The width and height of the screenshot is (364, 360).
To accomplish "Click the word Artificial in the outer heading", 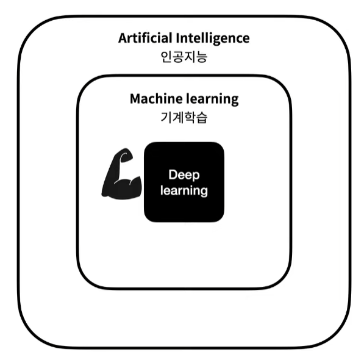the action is tap(145, 38).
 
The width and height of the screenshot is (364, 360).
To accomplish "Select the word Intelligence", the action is tap(213, 38).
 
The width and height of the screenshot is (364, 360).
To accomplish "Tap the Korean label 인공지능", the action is tap(184, 57).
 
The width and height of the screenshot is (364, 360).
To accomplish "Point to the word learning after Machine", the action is tap(212, 99).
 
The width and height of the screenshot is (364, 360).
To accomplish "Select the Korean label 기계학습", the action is tap(184, 117).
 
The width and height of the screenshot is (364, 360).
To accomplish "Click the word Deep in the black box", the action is tap(184, 175).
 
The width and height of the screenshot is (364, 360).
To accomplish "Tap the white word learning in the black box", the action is tap(184, 191).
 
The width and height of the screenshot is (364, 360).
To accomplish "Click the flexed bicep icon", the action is tap(122, 174).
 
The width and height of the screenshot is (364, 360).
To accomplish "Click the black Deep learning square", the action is tap(184, 182).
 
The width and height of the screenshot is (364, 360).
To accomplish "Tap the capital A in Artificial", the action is tap(123, 38).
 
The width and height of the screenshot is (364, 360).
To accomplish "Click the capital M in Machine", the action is tap(136, 99).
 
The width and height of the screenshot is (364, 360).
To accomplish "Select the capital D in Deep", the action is tap(173, 175).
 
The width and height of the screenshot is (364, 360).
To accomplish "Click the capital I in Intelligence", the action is tap(177, 38).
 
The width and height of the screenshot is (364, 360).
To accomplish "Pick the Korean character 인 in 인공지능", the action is tap(166, 57).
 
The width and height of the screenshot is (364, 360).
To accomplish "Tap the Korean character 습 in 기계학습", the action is tap(201, 118).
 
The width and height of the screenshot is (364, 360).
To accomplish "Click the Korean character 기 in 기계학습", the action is tap(166, 117).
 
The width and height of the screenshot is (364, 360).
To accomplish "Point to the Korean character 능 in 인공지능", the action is tap(201, 57).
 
